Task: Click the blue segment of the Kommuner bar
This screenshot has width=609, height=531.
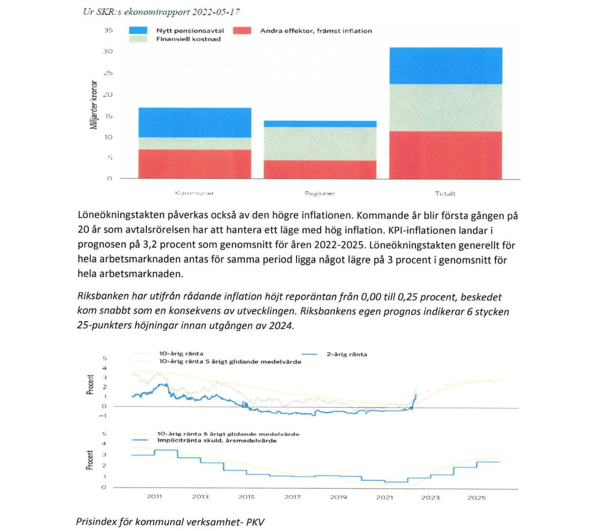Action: tap(194, 122)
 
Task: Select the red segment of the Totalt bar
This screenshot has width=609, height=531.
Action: tap(446, 155)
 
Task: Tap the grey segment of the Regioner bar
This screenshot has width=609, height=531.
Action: tap(320, 144)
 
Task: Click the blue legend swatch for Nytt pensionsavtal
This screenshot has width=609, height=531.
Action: tap(138, 31)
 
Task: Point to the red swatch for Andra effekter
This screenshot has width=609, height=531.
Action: tap(242, 31)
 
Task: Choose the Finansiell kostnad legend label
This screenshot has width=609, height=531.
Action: tap(188, 39)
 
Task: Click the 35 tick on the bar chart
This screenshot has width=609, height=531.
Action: tap(108, 30)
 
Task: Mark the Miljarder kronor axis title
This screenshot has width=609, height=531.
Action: tap(94, 105)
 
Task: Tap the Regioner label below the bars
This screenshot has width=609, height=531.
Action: tap(320, 193)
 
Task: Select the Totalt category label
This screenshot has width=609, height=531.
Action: tap(445, 194)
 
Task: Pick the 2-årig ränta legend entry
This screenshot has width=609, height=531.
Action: tap(346, 354)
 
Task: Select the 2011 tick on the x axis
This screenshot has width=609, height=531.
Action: tap(154, 496)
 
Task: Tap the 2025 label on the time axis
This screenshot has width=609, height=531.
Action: tap(476, 497)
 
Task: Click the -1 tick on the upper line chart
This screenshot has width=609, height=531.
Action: tap(103, 416)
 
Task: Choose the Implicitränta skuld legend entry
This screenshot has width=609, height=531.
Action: tap(217, 440)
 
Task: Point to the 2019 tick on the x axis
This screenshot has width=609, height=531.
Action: tap(338, 497)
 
